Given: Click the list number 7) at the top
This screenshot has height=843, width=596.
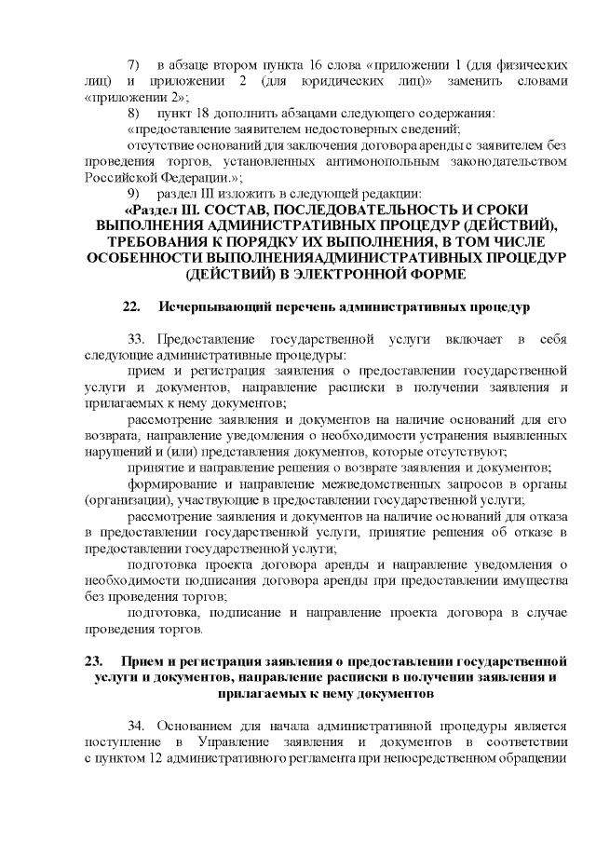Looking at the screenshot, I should (133, 64).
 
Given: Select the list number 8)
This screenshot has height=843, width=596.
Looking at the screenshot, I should (133, 112).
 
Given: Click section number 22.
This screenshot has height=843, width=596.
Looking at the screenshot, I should (131, 306).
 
